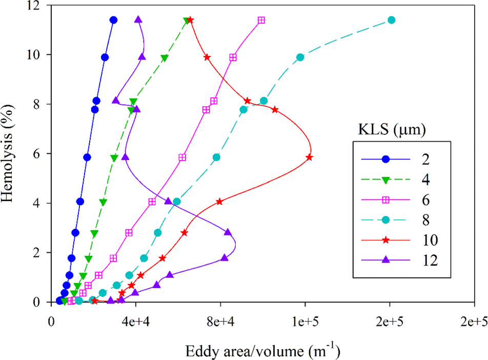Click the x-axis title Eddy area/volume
point(262,351)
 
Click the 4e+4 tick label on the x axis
point(136,321)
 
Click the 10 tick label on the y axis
point(38,55)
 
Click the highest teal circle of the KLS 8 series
point(392,20)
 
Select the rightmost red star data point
point(310,157)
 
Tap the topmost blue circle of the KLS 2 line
point(113,20)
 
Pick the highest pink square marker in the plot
point(261,20)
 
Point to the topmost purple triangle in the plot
point(138,19)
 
